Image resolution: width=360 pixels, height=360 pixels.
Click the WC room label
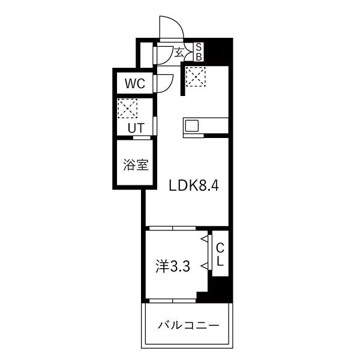click(x=135, y=83)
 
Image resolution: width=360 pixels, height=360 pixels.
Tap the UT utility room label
click(x=136, y=128)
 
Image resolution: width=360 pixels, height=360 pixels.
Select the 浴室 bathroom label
click(x=136, y=164)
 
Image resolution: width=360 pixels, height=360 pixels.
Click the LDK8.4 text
click(x=194, y=185)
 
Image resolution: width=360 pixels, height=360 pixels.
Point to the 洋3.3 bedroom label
click(x=173, y=266)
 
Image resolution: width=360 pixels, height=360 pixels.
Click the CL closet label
click(x=220, y=254)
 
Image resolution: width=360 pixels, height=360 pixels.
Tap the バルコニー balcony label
click(x=188, y=325)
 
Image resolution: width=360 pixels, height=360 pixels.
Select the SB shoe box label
click(x=199, y=52)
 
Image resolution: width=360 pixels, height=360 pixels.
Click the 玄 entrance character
click(x=179, y=52)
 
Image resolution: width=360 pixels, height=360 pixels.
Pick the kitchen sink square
click(x=192, y=126)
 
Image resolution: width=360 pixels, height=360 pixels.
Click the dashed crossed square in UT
click(x=127, y=109)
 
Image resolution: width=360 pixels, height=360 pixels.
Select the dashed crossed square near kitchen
click(x=196, y=77)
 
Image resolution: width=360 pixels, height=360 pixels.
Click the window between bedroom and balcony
click(x=172, y=301)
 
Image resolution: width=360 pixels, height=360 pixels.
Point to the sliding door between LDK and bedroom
click(x=172, y=228)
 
